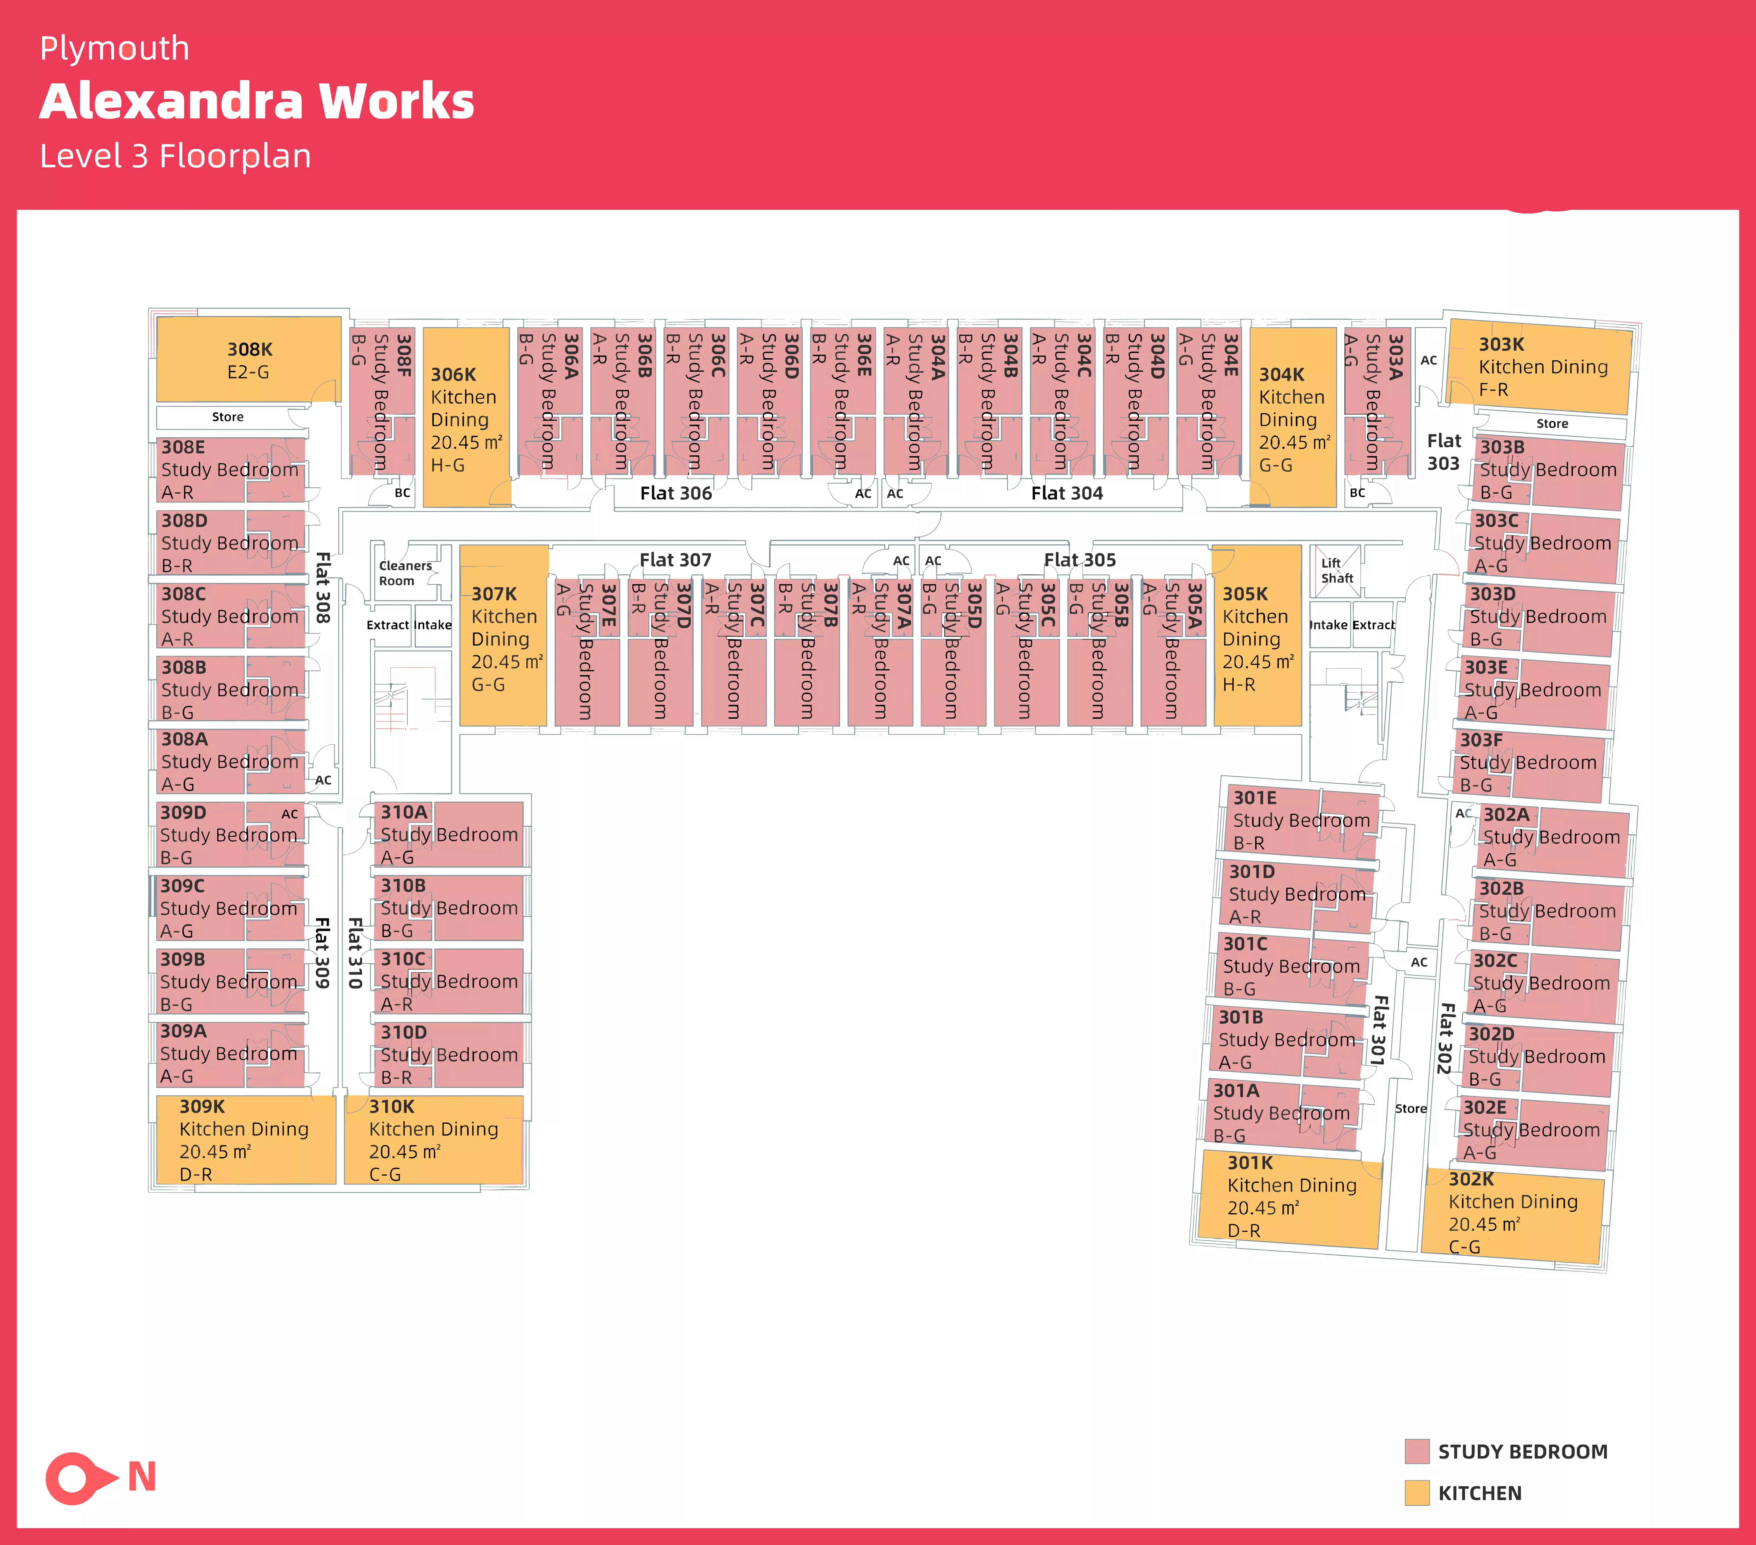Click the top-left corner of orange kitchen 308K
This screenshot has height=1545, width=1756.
coord(157,317)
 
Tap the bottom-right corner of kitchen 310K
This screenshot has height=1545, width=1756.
coord(523,1183)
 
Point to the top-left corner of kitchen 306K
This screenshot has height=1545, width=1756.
coord(424,328)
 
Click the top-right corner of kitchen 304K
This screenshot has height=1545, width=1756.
coord(1336,328)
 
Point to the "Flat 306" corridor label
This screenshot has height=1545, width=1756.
coord(676,493)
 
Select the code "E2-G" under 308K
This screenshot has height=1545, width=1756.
coord(248,372)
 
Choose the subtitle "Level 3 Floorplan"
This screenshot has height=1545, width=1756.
coord(175,156)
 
